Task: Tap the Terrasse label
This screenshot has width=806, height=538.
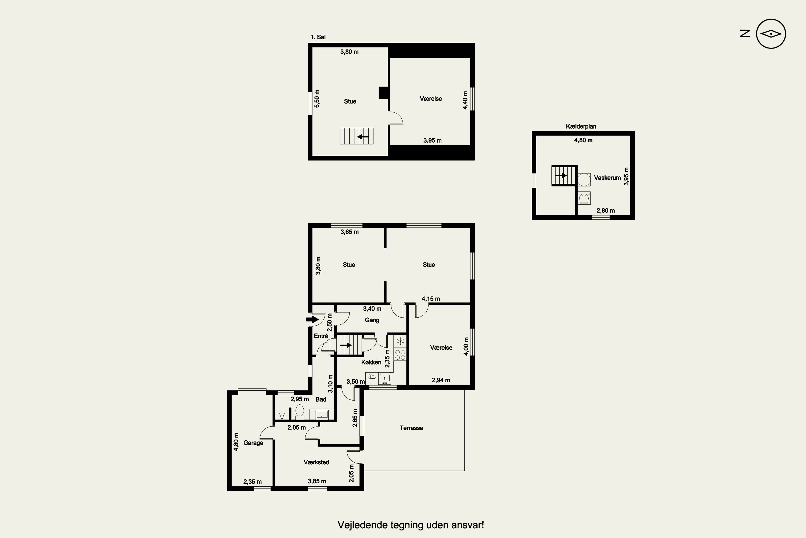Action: [x=411, y=428]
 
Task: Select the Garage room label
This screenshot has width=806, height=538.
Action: [x=253, y=443]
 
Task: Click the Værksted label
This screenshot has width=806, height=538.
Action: [x=316, y=462]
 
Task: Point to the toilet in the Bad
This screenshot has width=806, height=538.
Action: [x=300, y=412]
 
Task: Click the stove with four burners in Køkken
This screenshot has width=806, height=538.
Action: [x=400, y=355]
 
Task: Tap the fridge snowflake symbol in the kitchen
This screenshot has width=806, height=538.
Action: [x=400, y=341]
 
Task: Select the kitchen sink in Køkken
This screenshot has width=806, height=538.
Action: [x=384, y=379]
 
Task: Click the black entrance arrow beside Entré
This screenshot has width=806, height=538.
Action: [x=312, y=320]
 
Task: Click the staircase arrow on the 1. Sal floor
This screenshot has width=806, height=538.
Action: [x=363, y=137]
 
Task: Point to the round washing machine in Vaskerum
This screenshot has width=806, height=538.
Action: [x=584, y=179]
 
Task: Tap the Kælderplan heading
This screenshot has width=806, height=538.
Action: [x=581, y=126]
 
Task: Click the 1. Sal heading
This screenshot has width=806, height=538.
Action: [x=318, y=37]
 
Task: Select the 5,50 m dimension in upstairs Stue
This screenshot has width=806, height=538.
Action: [x=317, y=99]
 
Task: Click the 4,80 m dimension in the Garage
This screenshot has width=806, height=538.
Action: [x=236, y=442]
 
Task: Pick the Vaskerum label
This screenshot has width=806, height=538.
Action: [x=607, y=178]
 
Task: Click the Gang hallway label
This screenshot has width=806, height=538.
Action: [x=372, y=320]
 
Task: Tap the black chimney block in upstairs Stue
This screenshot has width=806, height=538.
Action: [x=383, y=93]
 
